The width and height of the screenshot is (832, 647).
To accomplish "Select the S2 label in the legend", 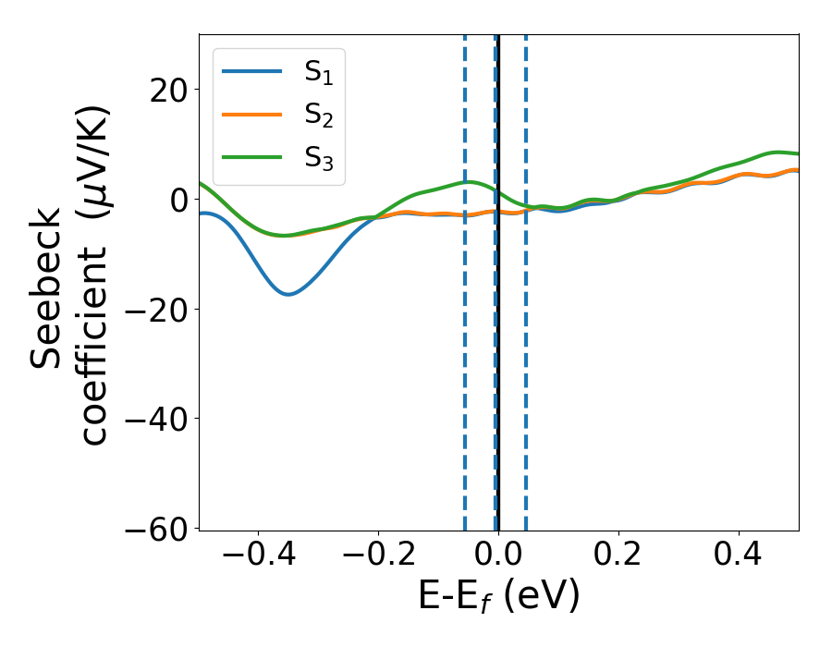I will click(318, 116).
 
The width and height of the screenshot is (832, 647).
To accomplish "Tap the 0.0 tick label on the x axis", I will click(498, 556).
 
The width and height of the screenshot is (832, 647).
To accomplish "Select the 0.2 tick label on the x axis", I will click(618, 556).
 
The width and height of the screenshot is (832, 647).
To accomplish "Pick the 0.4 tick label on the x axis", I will click(739, 556).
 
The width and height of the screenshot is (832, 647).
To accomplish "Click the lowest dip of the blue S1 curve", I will click(288, 294).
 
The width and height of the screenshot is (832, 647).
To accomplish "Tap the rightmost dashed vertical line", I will click(525, 277).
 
